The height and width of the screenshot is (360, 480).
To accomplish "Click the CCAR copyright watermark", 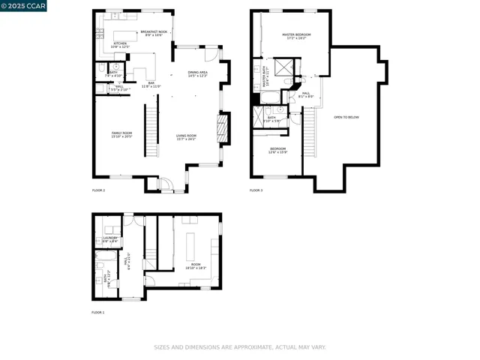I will (x=23, y=5).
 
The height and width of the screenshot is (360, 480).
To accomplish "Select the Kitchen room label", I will (x=120, y=45).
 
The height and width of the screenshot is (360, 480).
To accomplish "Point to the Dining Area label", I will (x=198, y=73).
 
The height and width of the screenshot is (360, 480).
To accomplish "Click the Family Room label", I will (x=121, y=134).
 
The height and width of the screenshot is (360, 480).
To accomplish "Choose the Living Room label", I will (x=186, y=137).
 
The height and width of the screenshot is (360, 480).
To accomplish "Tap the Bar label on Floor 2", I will (x=151, y=85).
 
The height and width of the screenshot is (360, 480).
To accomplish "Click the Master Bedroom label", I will (x=296, y=36).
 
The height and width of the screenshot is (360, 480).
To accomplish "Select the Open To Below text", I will (x=346, y=117).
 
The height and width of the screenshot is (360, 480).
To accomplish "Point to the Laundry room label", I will (x=110, y=240).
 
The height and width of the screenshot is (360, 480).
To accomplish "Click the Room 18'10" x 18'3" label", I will (x=196, y=266).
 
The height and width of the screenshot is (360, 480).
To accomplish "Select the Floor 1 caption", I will (x=98, y=312).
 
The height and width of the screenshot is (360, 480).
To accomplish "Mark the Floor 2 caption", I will (x=98, y=190).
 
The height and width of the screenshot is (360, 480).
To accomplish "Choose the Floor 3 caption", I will (x=256, y=190).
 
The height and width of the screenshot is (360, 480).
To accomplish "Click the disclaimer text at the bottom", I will (x=240, y=347).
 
